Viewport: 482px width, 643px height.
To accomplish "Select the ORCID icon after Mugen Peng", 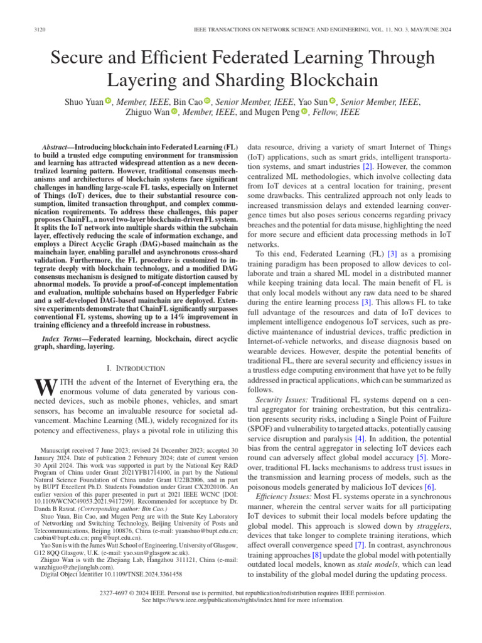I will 305,112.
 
